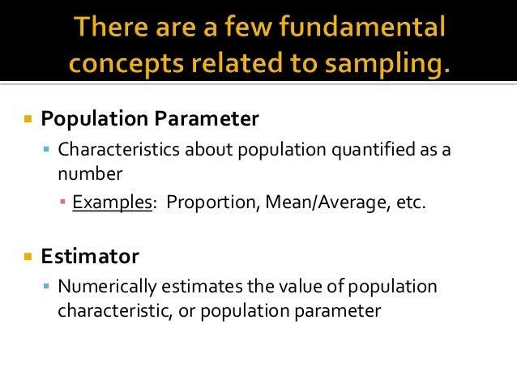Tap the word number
[90, 173]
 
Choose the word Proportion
[209, 203]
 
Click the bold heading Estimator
[90, 257]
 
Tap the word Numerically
[104, 287]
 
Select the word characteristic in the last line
[109, 310]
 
